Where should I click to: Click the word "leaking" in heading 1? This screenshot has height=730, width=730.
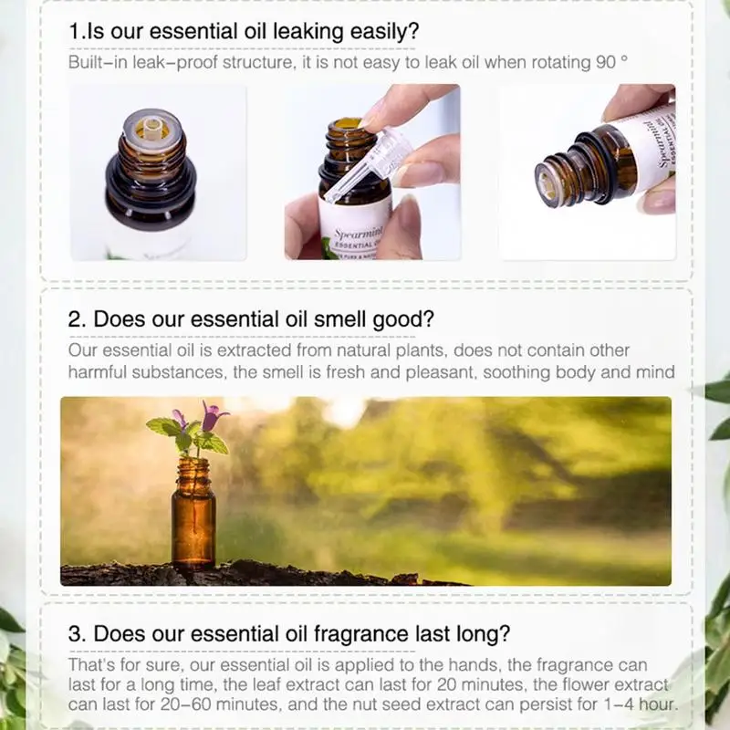(308, 31)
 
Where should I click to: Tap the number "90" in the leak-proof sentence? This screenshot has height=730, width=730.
(606, 62)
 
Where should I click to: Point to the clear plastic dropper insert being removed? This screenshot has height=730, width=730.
(367, 167)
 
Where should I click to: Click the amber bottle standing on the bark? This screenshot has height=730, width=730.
(193, 513)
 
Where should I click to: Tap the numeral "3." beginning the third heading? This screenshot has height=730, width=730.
(77, 633)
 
